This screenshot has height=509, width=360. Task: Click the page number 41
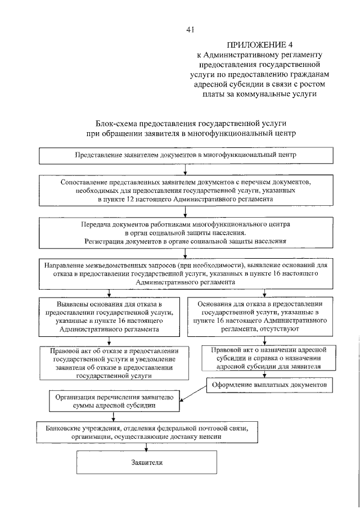(x=190, y=30)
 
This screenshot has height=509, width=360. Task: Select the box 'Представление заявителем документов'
(x=185, y=155)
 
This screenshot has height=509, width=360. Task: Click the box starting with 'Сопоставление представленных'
(x=185, y=191)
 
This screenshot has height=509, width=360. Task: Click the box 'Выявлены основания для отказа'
(x=110, y=316)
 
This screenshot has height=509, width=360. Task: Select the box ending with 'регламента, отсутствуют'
(x=260, y=316)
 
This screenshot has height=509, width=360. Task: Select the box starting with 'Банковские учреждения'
(x=148, y=432)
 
